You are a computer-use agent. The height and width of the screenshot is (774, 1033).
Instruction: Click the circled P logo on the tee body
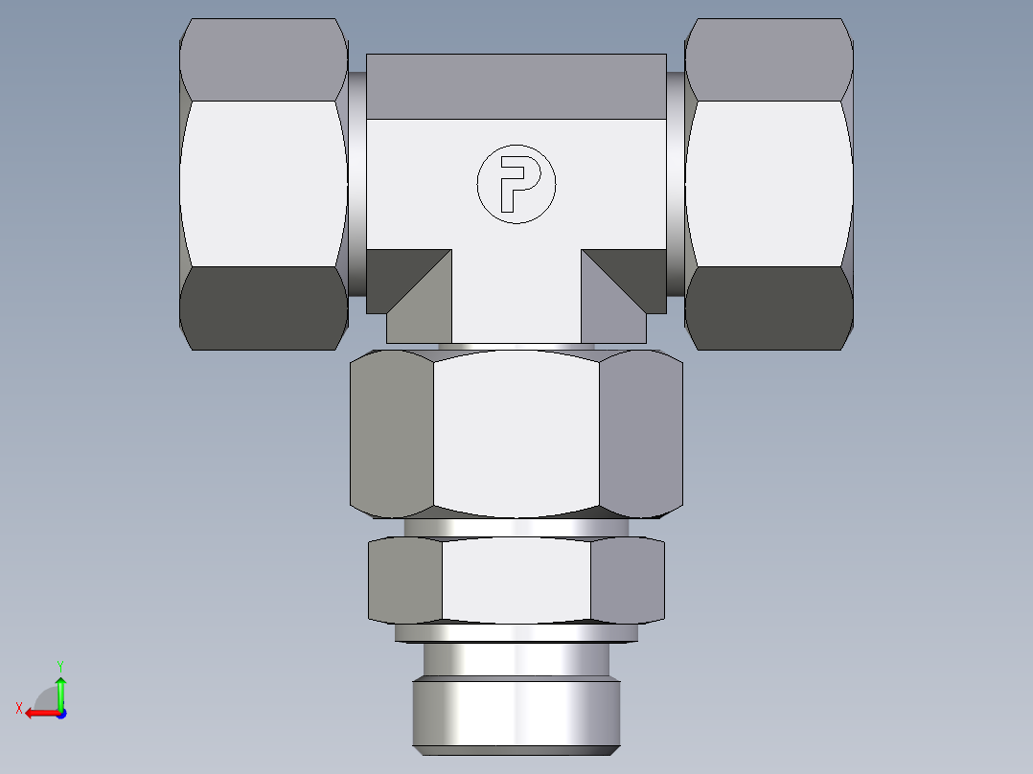coord(516,184)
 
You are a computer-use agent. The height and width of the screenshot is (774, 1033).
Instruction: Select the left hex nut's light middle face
coord(263,184)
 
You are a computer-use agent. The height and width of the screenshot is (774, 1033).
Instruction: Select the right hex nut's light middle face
coord(769,184)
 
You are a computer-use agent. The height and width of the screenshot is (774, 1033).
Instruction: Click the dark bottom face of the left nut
coord(263,308)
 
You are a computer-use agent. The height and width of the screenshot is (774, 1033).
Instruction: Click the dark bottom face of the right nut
coord(769,308)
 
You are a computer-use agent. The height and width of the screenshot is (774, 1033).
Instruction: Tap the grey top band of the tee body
coord(516,86)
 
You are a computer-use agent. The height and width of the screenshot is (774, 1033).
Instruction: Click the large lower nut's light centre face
coord(516,431)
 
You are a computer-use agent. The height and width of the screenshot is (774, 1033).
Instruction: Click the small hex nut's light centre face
coord(516,580)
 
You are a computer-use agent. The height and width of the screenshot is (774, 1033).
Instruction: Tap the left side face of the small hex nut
coord(405,580)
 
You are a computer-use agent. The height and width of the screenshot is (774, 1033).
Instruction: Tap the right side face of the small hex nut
coord(628,580)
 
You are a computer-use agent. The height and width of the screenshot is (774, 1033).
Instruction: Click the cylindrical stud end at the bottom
coord(516,709)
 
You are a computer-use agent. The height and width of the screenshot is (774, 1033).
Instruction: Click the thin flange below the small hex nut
coord(516,632)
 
